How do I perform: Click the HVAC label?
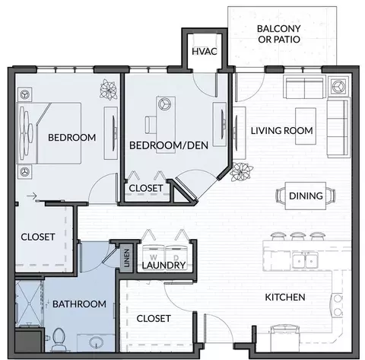tap(205, 51)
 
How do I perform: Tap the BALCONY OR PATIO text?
tap(279, 34)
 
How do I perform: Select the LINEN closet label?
tap(127, 258)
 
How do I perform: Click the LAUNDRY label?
tap(163, 266)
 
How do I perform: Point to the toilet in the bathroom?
tap(59, 339)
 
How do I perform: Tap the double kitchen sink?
tap(305, 260)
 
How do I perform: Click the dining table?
tap(306, 196)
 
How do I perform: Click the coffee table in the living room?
tap(306, 126)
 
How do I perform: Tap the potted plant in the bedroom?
tap(109, 89)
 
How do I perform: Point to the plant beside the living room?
tap(241, 172)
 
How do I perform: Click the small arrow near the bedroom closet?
tap(32, 196)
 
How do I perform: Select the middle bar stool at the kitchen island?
tap(297, 236)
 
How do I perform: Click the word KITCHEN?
tap(285, 297)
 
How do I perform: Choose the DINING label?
tap(306, 196)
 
